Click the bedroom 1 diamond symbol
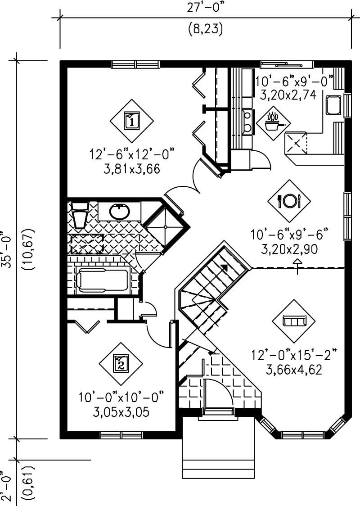(x=131, y=121)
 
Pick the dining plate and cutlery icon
(x=289, y=200)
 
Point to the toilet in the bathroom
(x=80, y=215)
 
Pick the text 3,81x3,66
(x=131, y=169)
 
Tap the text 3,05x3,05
(x=121, y=412)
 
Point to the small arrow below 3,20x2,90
(x=297, y=262)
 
